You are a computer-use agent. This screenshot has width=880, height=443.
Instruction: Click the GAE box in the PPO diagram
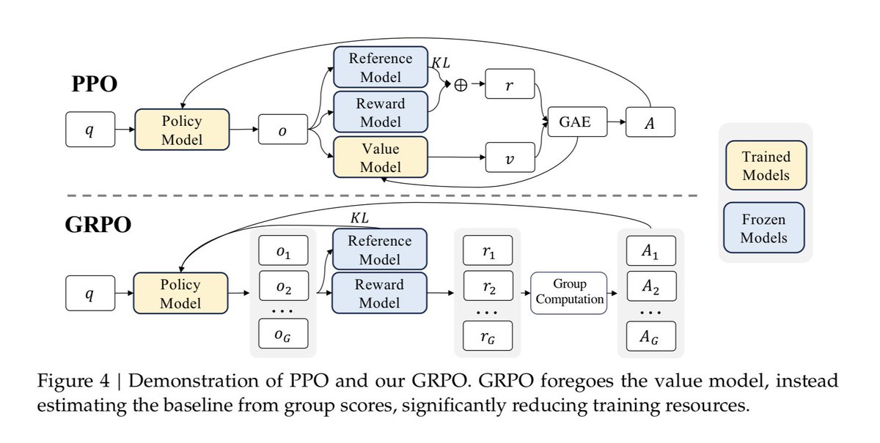tap(577, 122)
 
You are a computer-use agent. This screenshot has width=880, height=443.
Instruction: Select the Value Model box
tap(381, 157)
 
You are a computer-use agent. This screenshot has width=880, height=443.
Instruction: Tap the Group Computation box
tap(569, 293)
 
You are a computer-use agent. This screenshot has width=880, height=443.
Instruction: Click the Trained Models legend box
tap(766, 165)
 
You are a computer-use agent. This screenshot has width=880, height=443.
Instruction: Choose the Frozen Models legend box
tap(763, 228)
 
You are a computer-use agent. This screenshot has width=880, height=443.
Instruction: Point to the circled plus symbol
tap(461, 85)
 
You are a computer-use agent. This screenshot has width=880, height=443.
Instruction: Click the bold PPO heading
tap(95, 83)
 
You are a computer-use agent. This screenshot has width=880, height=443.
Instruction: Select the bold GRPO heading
tap(98, 225)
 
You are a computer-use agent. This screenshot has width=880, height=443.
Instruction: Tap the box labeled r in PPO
tap(510, 84)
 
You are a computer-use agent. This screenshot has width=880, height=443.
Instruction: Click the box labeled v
tap(510, 157)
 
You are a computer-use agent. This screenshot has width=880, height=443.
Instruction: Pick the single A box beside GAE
tap(650, 122)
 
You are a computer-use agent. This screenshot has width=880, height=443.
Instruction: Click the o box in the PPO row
tap(283, 130)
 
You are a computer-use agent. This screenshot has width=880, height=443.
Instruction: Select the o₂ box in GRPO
tap(284, 286)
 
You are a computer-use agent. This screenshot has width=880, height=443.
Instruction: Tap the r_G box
tap(488, 336)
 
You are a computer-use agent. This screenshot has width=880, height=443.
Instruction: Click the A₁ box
tap(651, 250)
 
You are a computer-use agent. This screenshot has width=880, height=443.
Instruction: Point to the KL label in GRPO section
tap(359, 218)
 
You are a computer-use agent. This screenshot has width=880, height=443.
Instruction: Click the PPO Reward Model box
tap(381, 112)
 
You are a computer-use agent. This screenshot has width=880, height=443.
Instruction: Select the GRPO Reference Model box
tap(380, 249)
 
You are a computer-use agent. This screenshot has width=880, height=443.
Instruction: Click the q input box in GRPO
tap(90, 293)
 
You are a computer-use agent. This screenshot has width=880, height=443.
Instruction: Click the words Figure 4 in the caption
tap(73, 381)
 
